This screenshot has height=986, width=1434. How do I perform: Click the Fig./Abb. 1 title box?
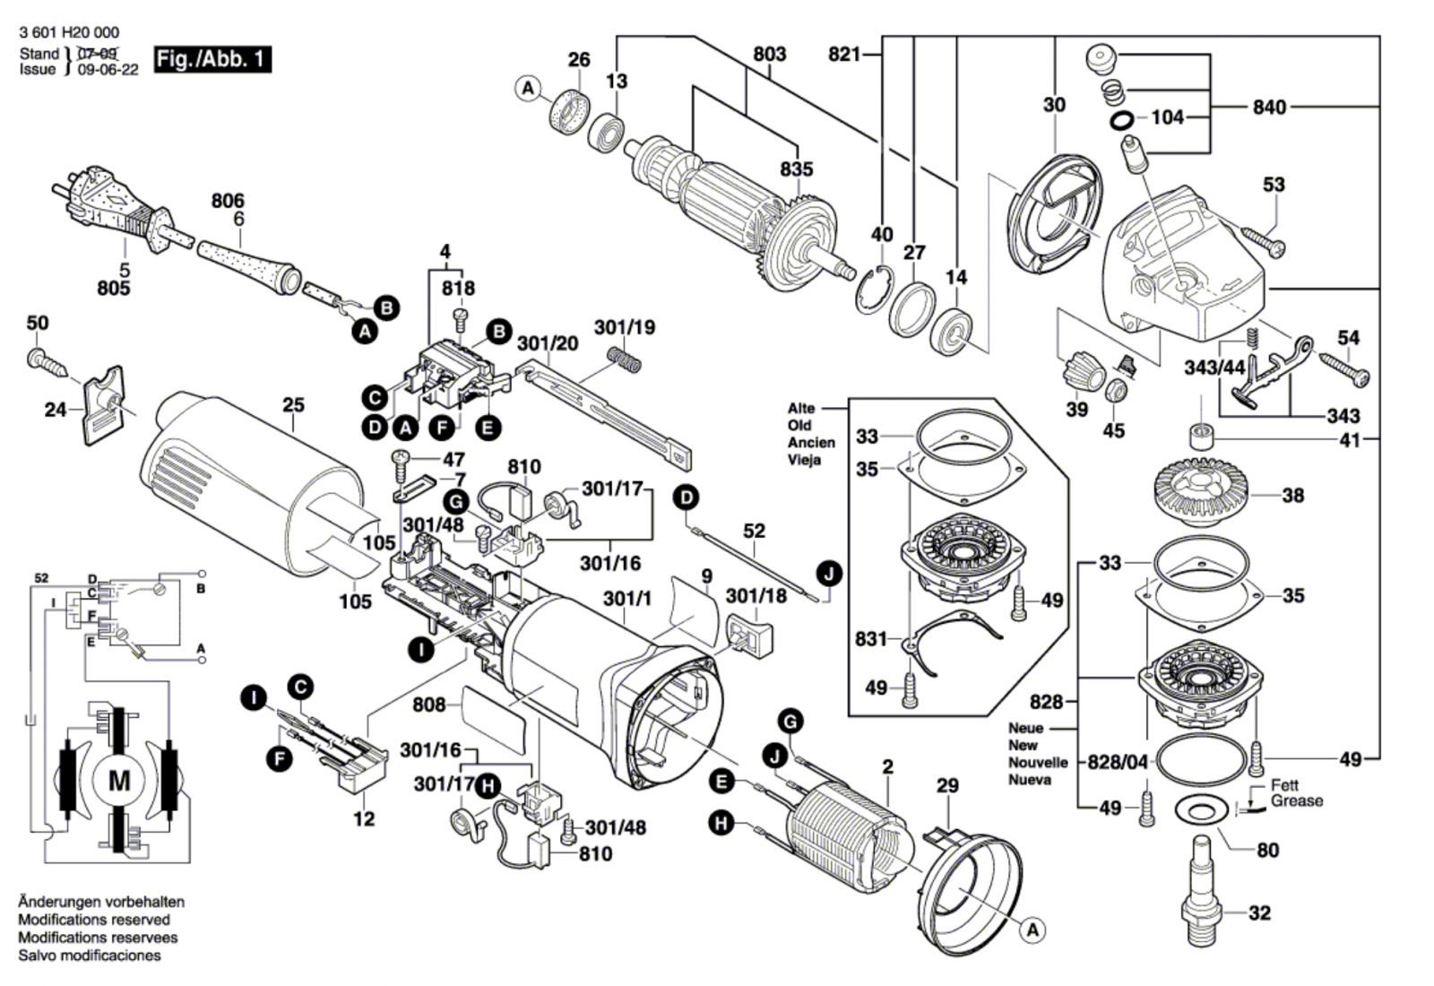pyautogui.click(x=212, y=60)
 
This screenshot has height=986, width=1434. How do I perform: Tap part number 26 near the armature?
pyautogui.click(x=579, y=60)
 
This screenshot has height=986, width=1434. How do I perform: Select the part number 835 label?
pyautogui.click(x=796, y=169)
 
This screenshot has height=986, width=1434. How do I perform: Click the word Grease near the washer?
pyautogui.click(x=1296, y=801)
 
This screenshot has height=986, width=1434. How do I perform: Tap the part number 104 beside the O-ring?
pyautogui.click(x=1167, y=117)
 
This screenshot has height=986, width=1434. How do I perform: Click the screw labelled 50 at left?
pyautogui.click(x=45, y=360)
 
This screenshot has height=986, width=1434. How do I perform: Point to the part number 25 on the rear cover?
pyautogui.click(x=293, y=405)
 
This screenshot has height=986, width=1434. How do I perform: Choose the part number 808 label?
pyautogui.click(x=429, y=705)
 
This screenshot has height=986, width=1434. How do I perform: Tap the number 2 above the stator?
pyautogui.click(x=887, y=766)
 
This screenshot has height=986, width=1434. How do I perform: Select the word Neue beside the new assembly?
pyautogui.click(x=1025, y=728)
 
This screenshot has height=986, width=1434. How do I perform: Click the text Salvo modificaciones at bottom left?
pyautogui.click(x=90, y=956)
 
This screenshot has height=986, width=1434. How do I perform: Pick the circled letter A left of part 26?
pyautogui.click(x=528, y=89)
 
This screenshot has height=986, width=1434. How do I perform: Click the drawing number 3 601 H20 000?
pyautogui.click(x=68, y=32)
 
